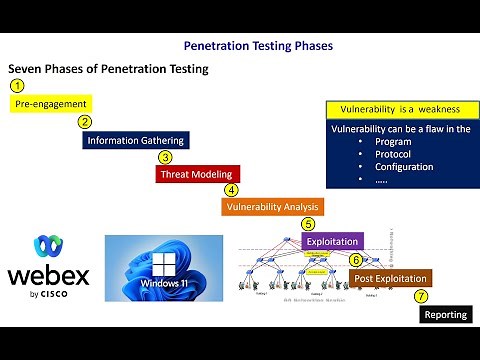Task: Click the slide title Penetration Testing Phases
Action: click(258, 46)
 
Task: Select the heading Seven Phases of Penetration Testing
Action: click(108, 69)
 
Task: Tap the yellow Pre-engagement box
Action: click(51, 103)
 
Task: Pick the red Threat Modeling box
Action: click(198, 174)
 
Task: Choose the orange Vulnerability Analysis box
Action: click(272, 207)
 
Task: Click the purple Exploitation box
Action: click(333, 241)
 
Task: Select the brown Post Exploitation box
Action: click(390, 278)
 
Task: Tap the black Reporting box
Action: click(445, 314)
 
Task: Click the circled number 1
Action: click(17, 86)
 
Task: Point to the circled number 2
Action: click(85, 122)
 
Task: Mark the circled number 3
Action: click(165, 157)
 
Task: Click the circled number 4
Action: click(231, 189)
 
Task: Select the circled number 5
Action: click(308, 224)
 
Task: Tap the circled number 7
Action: click(421, 296)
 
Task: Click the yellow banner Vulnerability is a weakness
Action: click(398, 108)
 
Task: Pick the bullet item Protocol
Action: click(392, 154)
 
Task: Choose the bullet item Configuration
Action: click(403, 167)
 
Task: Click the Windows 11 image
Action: click(165, 268)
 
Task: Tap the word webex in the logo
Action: click(48, 275)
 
